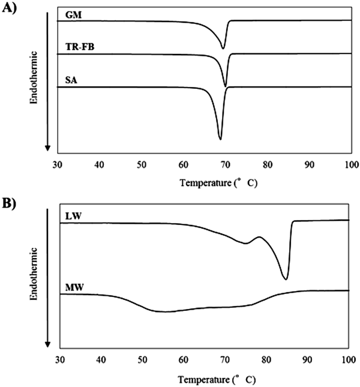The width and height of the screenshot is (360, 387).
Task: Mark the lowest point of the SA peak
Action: [x=220, y=139]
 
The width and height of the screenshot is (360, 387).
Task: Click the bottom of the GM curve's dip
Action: [x=224, y=49]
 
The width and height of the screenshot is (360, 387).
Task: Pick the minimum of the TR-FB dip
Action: [x=225, y=86]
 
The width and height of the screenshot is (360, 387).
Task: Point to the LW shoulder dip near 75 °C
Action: [x=245, y=243]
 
